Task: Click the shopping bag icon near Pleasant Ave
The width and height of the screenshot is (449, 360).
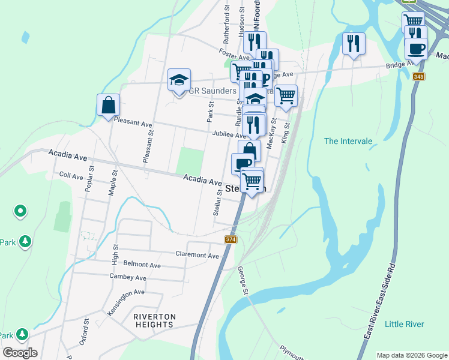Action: (107, 105)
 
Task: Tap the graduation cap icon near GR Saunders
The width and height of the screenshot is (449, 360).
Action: (179, 80)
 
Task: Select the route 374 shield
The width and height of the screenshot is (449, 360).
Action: (231, 240)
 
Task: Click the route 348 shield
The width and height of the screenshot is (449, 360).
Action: (418, 76)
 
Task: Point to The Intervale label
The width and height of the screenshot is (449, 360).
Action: (348, 142)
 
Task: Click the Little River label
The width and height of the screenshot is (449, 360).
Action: (404, 324)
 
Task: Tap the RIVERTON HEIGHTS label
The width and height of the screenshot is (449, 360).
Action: (154, 320)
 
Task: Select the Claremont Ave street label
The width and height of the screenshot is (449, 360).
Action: (197, 255)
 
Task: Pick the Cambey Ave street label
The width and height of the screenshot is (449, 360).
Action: (128, 278)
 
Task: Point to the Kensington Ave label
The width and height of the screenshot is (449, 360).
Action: (126, 293)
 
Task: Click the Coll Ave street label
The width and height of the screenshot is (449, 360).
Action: (71, 176)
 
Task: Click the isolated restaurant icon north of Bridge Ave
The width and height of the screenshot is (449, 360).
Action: (353, 43)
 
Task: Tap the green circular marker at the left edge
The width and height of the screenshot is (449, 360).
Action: (20, 211)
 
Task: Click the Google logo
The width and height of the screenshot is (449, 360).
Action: (20, 352)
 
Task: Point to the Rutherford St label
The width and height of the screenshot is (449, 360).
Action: (227, 30)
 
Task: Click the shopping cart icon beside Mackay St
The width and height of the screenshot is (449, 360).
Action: (286, 95)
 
